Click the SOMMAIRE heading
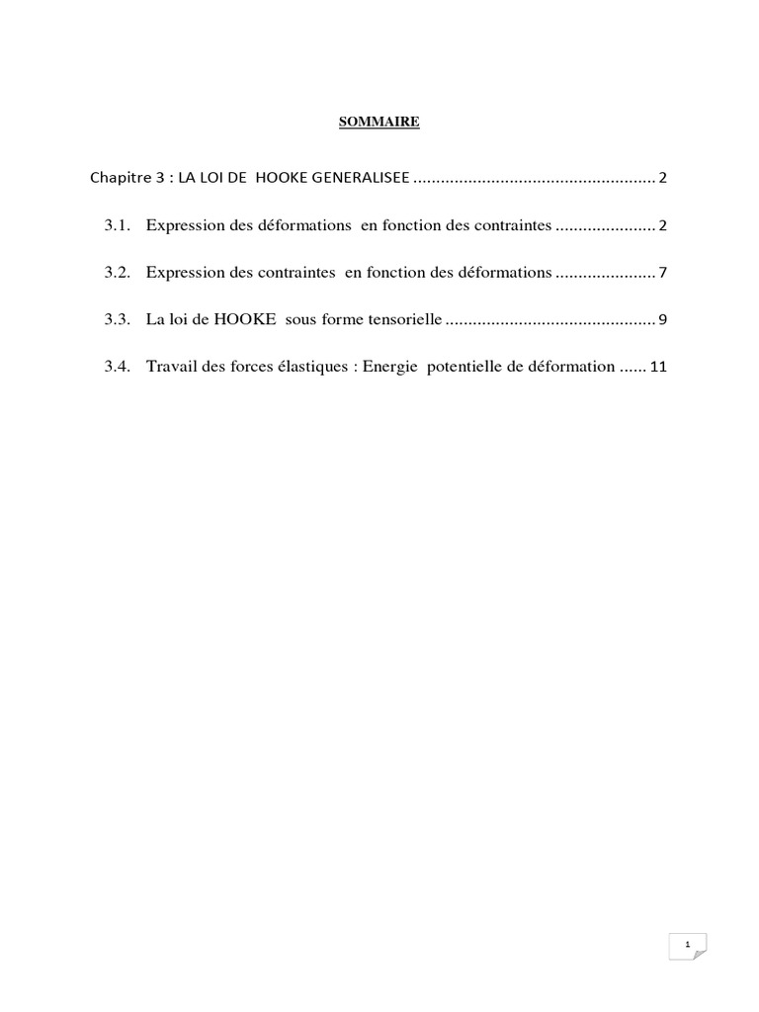pyautogui.click(x=379, y=122)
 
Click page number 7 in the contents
pyautogui.click(x=664, y=273)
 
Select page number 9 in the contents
pyautogui.click(x=664, y=319)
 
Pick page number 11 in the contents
pyautogui.click(x=659, y=367)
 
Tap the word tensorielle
pyautogui.click(x=404, y=319)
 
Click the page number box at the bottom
pyautogui.click(x=687, y=946)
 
